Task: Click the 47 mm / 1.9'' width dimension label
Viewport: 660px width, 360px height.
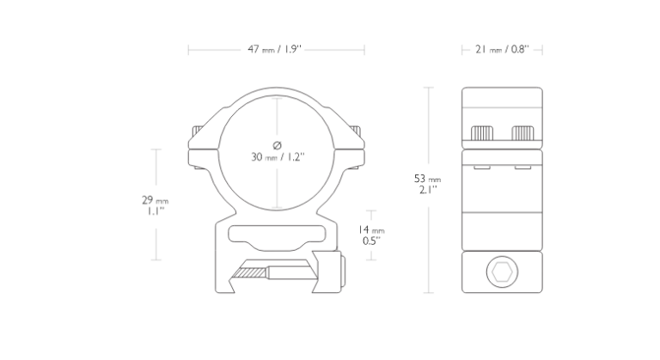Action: pyautogui.click(x=275, y=49)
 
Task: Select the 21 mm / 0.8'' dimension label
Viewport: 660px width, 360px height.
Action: pyautogui.click(x=502, y=49)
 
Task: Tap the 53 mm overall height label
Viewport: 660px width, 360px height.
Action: pyautogui.click(x=428, y=179)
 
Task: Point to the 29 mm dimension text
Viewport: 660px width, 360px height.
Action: pyautogui.click(x=156, y=200)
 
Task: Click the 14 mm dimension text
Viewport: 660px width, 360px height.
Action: pyautogui.click(x=371, y=230)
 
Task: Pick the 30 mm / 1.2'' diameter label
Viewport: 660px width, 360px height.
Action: pyautogui.click(x=278, y=157)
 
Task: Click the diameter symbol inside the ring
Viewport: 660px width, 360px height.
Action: pyautogui.click(x=277, y=145)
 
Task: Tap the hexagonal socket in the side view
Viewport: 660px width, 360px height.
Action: pyautogui.click(x=502, y=272)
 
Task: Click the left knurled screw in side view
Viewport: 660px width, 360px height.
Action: pyautogui.click(x=482, y=133)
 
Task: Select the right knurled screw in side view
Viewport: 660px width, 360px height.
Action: pyautogui.click(x=522, y=133)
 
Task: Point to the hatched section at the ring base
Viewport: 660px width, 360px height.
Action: pyautogui.click(x=252, y=273)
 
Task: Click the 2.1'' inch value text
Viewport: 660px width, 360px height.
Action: pyautogui.click(x=428, y=190)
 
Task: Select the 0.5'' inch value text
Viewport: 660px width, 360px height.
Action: pyautogui.click(x=371, y=241)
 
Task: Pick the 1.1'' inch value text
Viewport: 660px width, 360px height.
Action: pyautogui.click(x=156, y=211)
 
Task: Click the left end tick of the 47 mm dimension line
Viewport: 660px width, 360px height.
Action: pyautogui.click(x=188, y=50)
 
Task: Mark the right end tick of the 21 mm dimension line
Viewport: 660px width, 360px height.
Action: pyautogui.click(x=542, y=50)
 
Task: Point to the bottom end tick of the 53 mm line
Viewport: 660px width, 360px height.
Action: pyautogui.click(x=428, y=293)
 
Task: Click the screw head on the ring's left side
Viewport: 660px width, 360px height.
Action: pyautogui.click(x=197, y=132)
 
